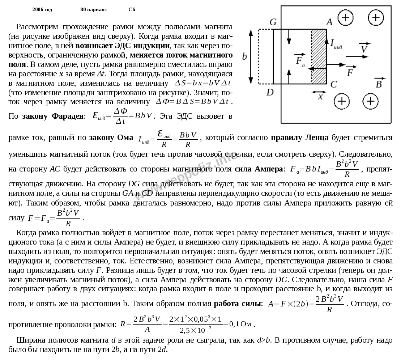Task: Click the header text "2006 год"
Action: (x=42, y=9)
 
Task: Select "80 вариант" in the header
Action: (x=94, y=9)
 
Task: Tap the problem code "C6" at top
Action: (x=132, y=9)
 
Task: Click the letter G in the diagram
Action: (x=273, y=22)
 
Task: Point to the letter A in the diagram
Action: (x=329, y=22)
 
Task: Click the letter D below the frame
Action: (x=270, y=92)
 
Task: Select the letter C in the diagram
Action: (x=333, y=84)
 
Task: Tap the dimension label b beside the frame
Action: (x=244, y=56)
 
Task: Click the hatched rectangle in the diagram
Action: (x=319, y=56)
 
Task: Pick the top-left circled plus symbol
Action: (x=345, y=17)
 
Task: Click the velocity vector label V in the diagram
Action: (x=364, y=48)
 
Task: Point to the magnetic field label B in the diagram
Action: (x=379, y=84)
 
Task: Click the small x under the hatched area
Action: (x=320, y=97)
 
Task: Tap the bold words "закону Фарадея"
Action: (x=53, y=116)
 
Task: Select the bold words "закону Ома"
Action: (x=112, y=137)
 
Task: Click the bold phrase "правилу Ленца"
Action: (x=299, y=137)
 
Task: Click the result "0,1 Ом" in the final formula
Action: (x=240, y=324)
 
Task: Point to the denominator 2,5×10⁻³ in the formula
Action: (x=196, y=330)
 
